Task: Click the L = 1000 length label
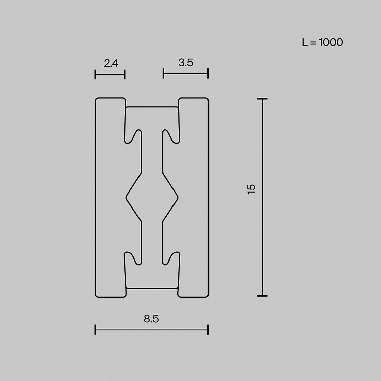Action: pyautogui.click(x=322, y=42)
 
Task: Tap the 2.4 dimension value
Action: pyautogui.click(x=111, y=63)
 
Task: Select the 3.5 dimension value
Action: pyautogui.click(x=186, y=63)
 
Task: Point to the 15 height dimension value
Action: pyautogui.click(x=251, y=189)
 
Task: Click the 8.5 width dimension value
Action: pyautogui.click(x=151, y=319)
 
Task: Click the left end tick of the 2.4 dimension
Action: pyautogui.click(x=95, y=74)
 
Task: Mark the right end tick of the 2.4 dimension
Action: pyautogui.click(x=125, y=74)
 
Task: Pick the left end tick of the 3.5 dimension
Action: pyautogui.click(x=163, y=74)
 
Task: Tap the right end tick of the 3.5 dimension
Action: pyautogui.click(x=208, y=74)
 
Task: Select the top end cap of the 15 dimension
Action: pyautogui.click(x=263, y=99)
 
